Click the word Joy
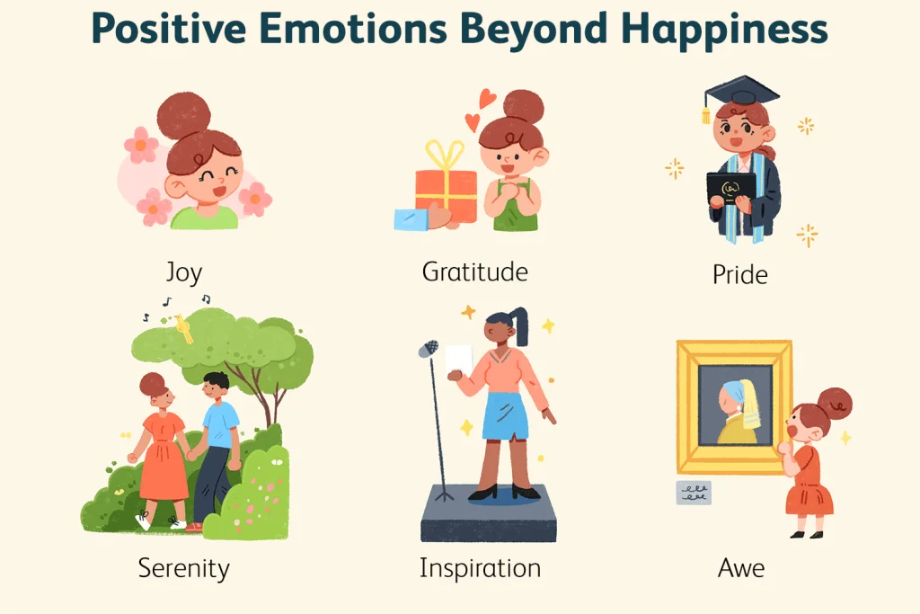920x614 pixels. pyautogui.click(x=183, y=272)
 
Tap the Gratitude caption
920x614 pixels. pyautogui.click(x=475, y=271)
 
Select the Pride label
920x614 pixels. pyautogui.click(x=740, y=274)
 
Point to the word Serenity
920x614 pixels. pyautogui.click(x=183, y=568)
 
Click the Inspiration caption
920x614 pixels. pyautogui.click(x=480, y=568)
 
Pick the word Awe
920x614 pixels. pyautogui.click(x=741, y=568)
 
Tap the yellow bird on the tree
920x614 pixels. pyautogui.click(x=185, y=329)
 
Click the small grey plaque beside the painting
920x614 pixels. pyautogui.click(x=694, y=492)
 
